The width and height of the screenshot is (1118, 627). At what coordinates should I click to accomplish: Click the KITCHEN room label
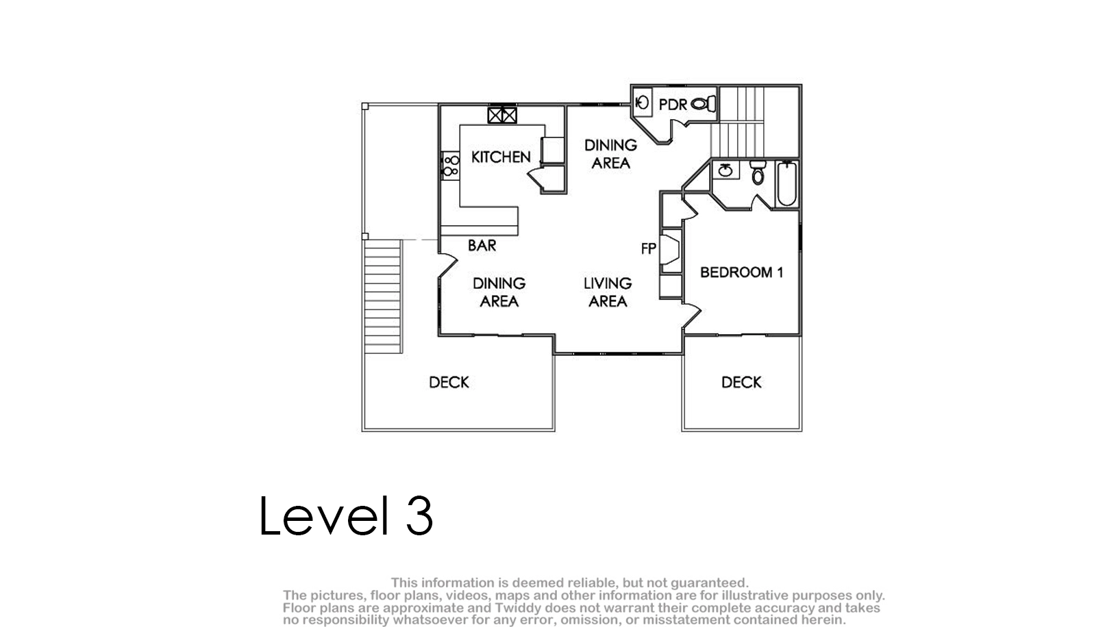[x=501, y=157]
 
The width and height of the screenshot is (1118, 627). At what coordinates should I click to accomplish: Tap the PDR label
[x=673, y=105]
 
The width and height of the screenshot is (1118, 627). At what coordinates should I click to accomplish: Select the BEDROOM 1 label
[x=741, y=272]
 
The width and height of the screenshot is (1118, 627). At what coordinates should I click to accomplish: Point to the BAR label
[x=482, y=246]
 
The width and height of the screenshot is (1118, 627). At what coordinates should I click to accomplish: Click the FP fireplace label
[x=648, y=248]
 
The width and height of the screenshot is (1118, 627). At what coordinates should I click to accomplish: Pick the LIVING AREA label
[x=608, y=292]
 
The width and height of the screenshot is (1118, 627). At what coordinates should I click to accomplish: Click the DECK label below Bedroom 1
[x=741, y=383]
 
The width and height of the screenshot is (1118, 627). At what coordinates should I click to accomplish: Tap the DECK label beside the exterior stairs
[x=449, y=383]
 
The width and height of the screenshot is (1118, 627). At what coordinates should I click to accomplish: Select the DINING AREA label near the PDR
[x=611, y=154]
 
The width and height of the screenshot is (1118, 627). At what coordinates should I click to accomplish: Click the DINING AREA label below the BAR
[x=499, y=292]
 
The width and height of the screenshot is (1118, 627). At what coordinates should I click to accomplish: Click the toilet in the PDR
[x=704, y=104]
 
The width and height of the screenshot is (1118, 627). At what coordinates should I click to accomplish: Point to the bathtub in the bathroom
[x=786, y=183]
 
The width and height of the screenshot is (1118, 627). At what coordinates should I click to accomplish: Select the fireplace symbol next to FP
[x=669, y=249]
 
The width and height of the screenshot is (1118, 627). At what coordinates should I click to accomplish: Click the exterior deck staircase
[x=383, y=297]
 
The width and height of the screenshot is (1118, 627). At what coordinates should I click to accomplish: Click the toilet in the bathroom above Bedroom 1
[x=758, y=172]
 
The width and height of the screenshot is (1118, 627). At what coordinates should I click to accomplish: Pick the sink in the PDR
[x=643, y=103]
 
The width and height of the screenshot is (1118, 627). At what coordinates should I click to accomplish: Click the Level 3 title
[x=346, y=515]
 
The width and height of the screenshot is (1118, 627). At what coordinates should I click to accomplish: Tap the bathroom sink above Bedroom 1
[x=725, y=170]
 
